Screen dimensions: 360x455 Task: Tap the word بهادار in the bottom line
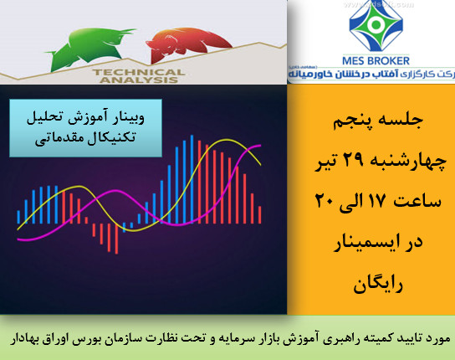[x=30, y=340]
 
